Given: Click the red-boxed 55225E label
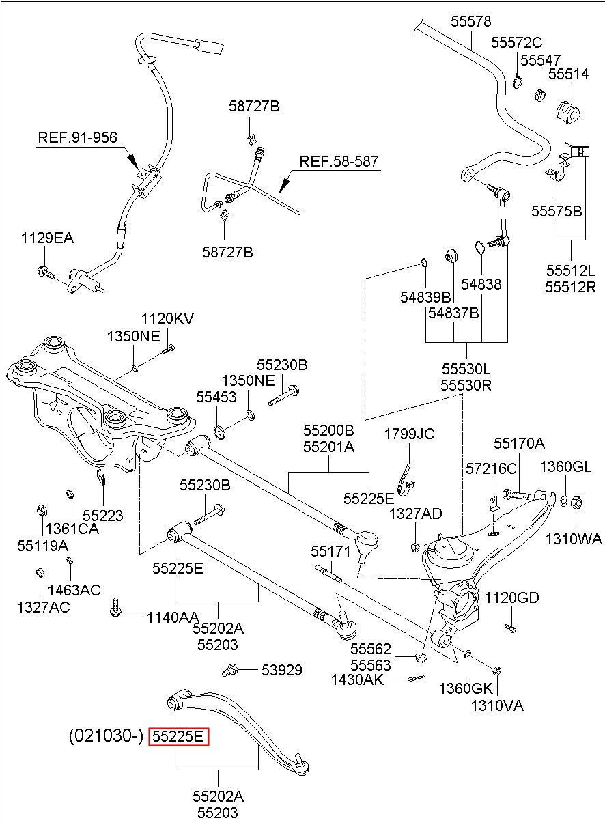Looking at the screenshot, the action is (179, 737).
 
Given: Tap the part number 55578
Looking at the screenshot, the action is (470, 21).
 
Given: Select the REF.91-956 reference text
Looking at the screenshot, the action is (78, 137).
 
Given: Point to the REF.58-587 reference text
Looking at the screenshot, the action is (339, 161).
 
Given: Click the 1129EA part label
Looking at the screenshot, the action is (47, 238).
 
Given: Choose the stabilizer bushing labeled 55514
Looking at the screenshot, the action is (568, 111).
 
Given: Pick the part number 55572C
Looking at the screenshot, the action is (516, 43).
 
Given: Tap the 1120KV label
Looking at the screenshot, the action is (167, 318).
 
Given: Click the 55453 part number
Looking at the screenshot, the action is (216, 397).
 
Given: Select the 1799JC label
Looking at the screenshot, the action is (409, 434).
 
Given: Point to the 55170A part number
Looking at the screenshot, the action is (520, 443).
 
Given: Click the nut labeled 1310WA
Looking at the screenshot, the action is (576, 503).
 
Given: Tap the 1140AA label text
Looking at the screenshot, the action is (173, 617).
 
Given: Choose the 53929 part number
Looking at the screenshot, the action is (281, 670).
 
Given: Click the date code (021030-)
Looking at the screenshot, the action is (106, 736).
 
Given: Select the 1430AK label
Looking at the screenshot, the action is (357, 679).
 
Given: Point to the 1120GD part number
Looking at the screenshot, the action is (511, 598).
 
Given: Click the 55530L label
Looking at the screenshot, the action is (466, 369).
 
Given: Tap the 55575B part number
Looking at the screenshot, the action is (557, 211).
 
